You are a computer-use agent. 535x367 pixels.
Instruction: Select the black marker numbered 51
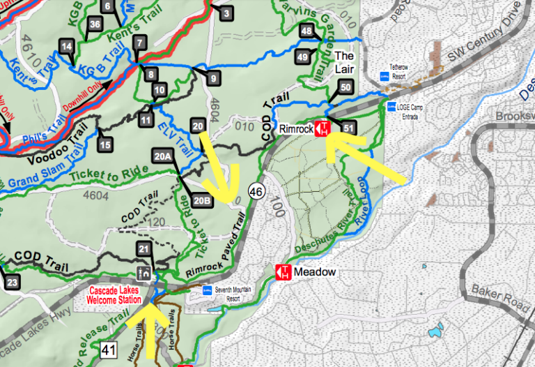[x=349, y=128]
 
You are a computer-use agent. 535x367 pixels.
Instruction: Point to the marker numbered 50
[x=346, y=87]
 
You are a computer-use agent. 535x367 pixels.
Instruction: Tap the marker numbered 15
[x=104, y=144]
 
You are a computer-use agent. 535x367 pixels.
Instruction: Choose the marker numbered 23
[x=10, y=282]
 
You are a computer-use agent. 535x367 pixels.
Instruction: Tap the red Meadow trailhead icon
[x=284, y=272]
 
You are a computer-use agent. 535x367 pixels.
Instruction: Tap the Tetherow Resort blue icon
[x=382, y=75]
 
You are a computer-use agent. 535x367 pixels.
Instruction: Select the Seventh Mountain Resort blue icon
[x=207, y=290]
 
